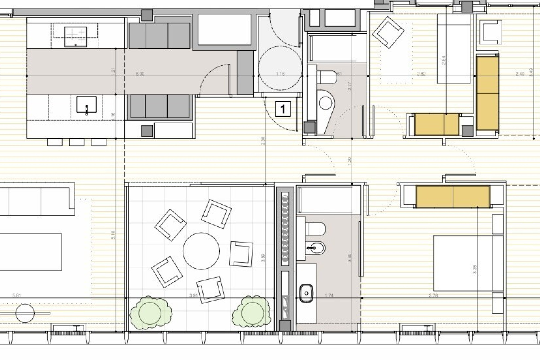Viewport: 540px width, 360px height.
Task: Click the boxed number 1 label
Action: click(x=283, y=109)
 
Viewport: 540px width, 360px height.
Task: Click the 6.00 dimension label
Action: click(x=140, y=74)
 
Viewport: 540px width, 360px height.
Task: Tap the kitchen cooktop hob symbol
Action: click(x=76, y=37)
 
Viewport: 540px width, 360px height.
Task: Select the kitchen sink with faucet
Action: click(x=86, y=105)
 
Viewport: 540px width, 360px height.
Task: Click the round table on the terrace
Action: click(x=201, y=251)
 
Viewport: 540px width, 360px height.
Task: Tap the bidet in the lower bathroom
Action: click(x=315, y=248)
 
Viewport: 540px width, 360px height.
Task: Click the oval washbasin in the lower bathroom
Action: click(x=306, y=293)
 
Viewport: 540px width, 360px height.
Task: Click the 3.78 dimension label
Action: click(x=433, y=295)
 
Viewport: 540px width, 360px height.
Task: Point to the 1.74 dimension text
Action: click(x=329, y=295)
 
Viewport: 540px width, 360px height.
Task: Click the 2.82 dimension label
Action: click(x=421, y=74)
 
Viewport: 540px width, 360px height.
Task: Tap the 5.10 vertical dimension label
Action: click(x=113, y=235)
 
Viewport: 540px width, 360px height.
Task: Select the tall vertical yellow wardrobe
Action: click(x=487, y=93)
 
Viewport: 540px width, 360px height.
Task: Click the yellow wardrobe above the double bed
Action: click(x=453, y=196)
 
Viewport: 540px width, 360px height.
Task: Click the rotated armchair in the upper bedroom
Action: click(x=388, y=32)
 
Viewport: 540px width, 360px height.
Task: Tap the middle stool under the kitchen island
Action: click(x=77, y=142)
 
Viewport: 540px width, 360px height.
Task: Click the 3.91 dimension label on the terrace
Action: click(x=193, y=295)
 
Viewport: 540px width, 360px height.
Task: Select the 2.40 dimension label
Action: click(x=520, y=74)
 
